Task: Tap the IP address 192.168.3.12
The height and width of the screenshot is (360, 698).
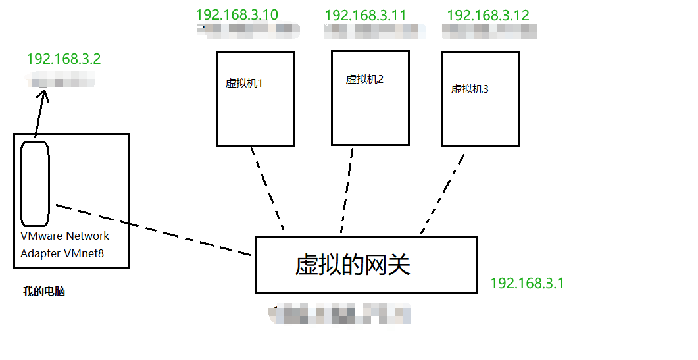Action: pyautogui.click(x=487, y=15)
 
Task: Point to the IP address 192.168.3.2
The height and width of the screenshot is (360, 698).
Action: pyautogui.click(x=64, y=59)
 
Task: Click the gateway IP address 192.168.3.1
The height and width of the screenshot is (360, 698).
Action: pyautogui.click(x=527, y=284)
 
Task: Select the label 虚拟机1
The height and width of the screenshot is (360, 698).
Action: pyautogui.click(x=244, y=84)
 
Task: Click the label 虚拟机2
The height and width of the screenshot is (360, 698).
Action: pyautogui.click(x=364, y=80)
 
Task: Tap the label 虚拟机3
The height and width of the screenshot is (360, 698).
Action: pyautogui.click(x=470, y=90)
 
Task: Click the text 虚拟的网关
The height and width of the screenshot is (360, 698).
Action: pyautogui.click(x=353, y=265)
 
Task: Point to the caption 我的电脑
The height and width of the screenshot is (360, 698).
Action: pyautogui.click(x=44, y=292)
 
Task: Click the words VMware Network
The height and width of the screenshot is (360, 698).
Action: pyautogui.click(x=65, y=236)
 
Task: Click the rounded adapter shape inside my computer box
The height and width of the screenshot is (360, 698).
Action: pyautogui.click(x=34, y=183)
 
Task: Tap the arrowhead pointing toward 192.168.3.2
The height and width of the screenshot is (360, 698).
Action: pyautogui.click(x=44, y=95)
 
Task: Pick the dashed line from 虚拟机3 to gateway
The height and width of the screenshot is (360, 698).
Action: pyautogui.click(x=443, y=193)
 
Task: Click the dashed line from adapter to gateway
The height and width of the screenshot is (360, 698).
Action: pyautogui.click(x=155, y=230)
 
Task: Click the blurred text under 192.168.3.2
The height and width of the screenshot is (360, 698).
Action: pyautogui.click(x=63, y=82)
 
